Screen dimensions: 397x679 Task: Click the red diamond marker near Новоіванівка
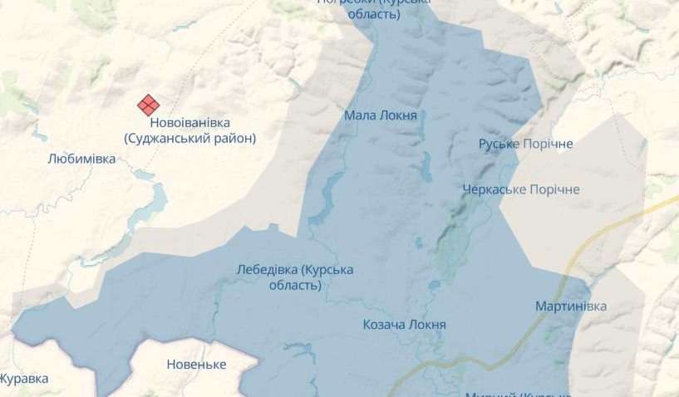coord(149,105)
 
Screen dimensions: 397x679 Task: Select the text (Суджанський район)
coord(189,139)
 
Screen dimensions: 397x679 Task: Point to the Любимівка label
coord(81,158)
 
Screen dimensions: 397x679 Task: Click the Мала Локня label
coord(380,115)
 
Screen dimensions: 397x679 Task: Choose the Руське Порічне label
coord(525,145)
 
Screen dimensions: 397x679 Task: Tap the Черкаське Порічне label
coord(521,189)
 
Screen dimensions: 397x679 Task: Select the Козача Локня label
coord(405,324)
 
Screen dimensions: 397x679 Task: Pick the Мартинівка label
coord(570,306)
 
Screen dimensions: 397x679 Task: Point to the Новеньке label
coord(196,364)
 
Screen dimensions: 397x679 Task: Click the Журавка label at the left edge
coord(23,379)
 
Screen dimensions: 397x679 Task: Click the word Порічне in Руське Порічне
coord(548,145)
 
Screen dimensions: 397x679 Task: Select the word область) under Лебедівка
coord(294,285)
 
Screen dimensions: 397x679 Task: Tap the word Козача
coord(384,324)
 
